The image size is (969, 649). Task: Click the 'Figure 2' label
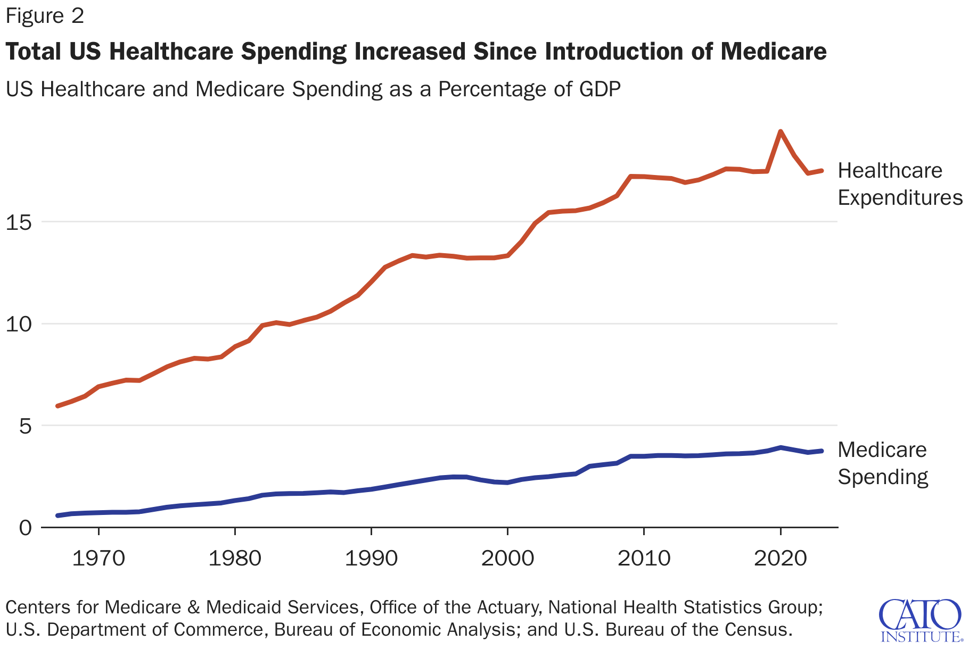point(45,16)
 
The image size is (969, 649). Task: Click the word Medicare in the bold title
point(774,52)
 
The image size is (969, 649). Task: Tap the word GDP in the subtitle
point(600,89)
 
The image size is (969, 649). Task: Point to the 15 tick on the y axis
point(19,222)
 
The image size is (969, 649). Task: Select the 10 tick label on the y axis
point(19,324)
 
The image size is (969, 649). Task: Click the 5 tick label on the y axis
point(25,426)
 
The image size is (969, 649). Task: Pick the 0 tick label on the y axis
point(25,528)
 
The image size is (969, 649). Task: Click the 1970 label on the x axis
point(98,558)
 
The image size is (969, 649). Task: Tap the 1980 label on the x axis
point(235,558)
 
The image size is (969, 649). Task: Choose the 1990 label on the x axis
point(371,558)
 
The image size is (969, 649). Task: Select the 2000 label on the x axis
point(507,558)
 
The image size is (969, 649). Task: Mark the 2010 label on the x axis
point(644,558)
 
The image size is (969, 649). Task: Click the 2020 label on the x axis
point(781,558)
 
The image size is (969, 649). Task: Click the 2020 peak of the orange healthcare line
point(781,131)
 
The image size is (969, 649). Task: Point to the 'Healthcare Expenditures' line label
point(900,184)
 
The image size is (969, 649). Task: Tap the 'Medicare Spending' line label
point(883,463)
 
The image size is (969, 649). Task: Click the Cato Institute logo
point(921,620)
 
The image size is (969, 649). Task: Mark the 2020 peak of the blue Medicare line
point(781,447)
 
